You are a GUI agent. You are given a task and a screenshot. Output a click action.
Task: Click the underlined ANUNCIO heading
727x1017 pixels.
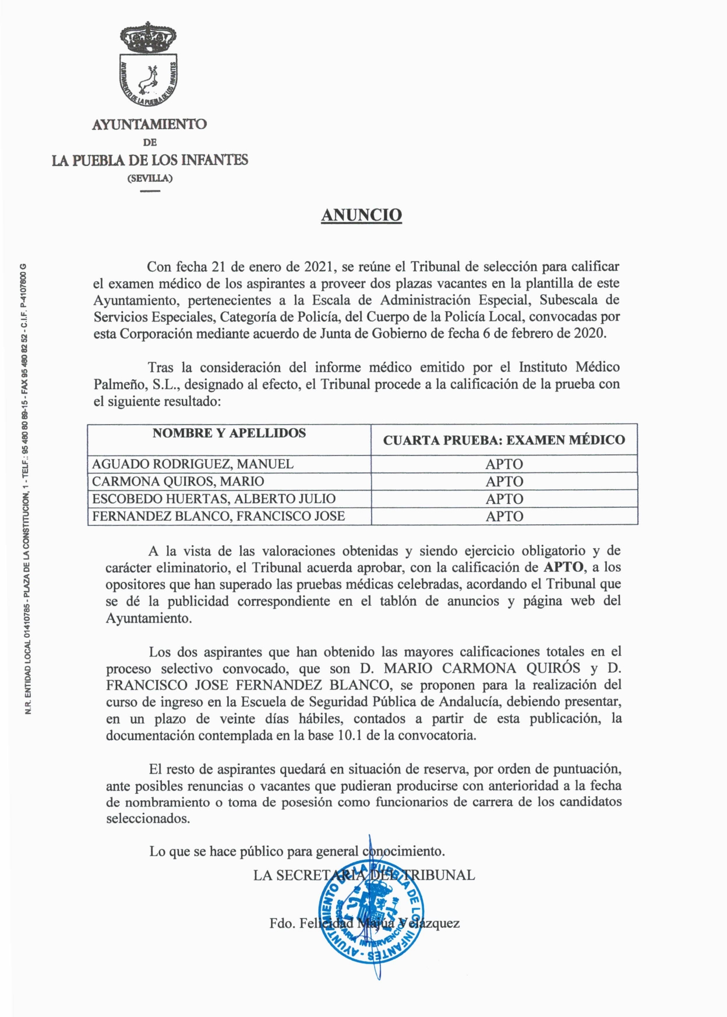[x=361, y=215]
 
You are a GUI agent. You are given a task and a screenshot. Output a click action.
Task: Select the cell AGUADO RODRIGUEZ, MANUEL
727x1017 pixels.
[x=193, y=464]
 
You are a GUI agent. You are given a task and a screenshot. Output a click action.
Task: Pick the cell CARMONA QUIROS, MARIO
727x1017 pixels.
[x=178, y=482]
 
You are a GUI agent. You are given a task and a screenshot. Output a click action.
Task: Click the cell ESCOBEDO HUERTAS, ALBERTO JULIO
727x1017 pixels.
[x=214, y=499]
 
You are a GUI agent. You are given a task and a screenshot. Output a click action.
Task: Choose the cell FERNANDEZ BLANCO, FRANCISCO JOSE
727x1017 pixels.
[x=218, y=516]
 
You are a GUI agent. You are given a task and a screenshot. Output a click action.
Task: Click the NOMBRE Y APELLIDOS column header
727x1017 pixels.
[x=229, y=433]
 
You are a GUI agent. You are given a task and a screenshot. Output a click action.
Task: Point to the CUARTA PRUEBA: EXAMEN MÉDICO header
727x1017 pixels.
[x=504, y=440]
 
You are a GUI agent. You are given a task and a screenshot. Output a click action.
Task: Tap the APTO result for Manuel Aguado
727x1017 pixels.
[x=504, y=464]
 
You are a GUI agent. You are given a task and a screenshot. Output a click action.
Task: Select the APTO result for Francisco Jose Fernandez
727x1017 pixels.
[x=504, y=517]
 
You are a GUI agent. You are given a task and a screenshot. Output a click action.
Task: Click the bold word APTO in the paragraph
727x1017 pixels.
[x=563, y=567]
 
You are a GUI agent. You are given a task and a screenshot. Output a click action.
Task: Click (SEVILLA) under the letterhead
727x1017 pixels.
[x=150, y=178]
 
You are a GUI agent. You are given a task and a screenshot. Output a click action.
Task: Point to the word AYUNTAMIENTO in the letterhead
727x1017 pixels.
[x=149, y=124]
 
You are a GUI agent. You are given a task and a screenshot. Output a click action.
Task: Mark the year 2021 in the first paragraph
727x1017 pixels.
[x=319, y=267]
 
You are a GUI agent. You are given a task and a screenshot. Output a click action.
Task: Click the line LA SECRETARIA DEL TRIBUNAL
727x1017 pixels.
[x=364, y=875]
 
